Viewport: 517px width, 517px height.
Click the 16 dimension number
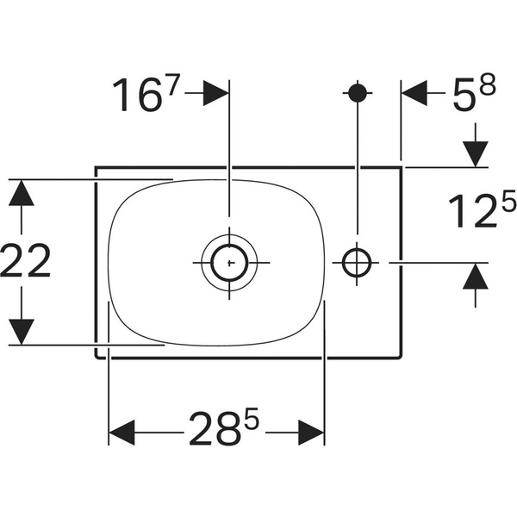click(x=138, y=96)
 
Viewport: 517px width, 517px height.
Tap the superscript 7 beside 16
click(x=173, y=85)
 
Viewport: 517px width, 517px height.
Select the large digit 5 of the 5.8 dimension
click(x=464, y=95)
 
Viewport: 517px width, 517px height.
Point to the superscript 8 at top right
click(x=488, y=84)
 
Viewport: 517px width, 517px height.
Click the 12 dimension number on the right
click(x=473, y=211)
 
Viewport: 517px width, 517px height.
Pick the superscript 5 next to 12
click(x=508, y=200)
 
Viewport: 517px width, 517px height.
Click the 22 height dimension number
click(x=26, y=260)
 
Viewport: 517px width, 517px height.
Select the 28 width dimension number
click(x=214, y=428)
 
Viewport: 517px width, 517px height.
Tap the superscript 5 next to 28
click(x=252, y=419)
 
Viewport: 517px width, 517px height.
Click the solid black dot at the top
click(x=358, y=93)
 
